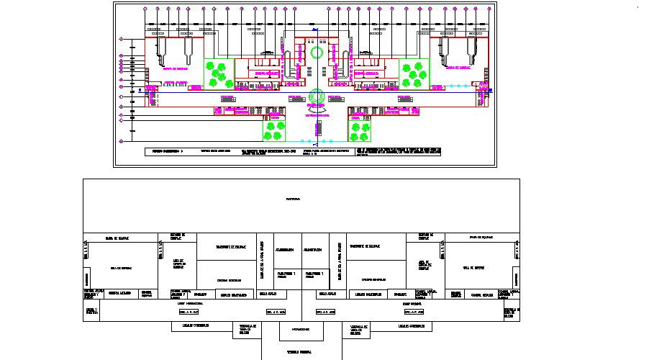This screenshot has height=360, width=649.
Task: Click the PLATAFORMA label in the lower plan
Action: (x=293, y=198)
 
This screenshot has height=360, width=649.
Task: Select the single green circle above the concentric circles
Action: (x=317, y=53)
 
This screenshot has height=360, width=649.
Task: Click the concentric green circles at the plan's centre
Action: (x=317, y=96)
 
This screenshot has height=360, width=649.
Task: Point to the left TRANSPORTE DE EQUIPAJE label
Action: (x=231, y=246)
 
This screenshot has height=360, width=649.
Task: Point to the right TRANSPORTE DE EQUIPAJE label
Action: (x=364, y=246)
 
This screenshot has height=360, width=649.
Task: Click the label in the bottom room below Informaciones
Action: (x=299, y=352)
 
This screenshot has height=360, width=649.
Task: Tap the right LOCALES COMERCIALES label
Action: (x=407, y=326)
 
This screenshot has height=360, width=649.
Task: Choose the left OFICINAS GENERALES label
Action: (x=231, y=279)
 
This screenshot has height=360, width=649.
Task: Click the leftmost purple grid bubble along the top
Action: (x=146, y=9)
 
